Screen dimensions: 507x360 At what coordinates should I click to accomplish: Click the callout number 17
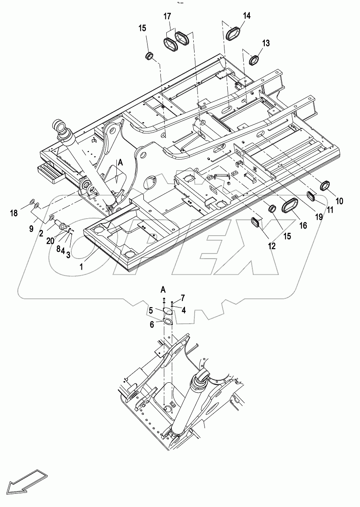pos(167,17)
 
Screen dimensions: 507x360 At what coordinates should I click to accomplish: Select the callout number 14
pos(247,16)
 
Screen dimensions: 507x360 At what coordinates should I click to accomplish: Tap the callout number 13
pos(266,43)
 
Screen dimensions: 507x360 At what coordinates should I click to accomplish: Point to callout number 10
pos(339,201)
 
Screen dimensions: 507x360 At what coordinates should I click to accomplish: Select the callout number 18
pos(14,213)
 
